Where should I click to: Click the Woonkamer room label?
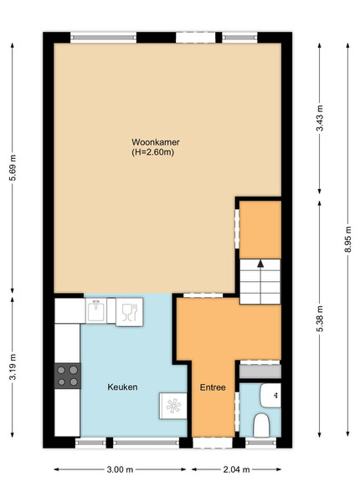156,142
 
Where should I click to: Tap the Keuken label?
122,387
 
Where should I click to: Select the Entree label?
213,387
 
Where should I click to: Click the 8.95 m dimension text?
347,239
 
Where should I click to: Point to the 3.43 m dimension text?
319,118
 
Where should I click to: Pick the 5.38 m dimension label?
319,319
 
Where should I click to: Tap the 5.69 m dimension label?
13,168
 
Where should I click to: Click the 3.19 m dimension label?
13,367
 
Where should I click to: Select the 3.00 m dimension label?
120,469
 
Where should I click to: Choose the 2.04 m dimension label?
236,469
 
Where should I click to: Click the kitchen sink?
95,310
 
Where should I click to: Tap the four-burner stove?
67,376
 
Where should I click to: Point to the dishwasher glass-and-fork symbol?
130,312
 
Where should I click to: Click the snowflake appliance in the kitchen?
173,406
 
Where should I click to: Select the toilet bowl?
261,425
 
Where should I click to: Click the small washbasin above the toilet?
270,396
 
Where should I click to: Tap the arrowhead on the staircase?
260,264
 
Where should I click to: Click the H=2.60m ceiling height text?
152,152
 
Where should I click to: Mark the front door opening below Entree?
213,443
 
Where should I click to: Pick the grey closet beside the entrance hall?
260,371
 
